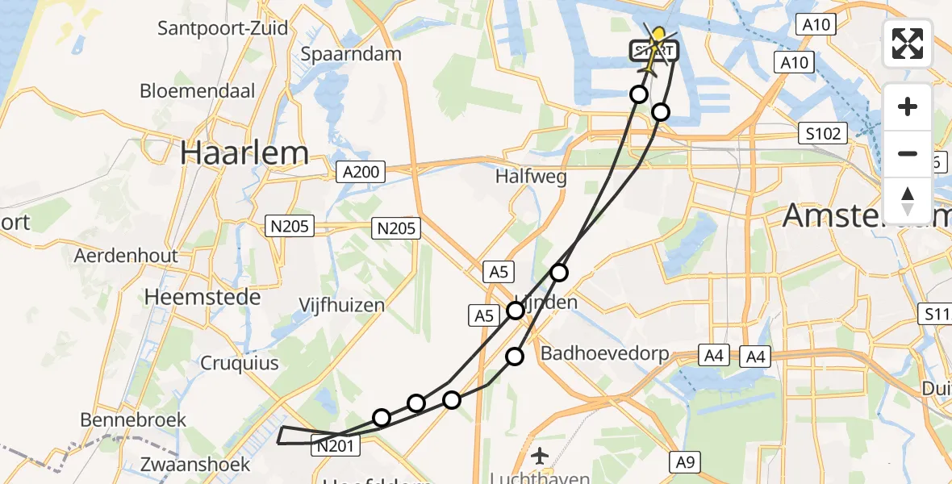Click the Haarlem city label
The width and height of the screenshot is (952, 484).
[x=244, y=152]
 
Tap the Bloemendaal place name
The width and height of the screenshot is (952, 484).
[x=198, y=90]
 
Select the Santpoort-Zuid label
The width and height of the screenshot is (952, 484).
[x=223, y=28]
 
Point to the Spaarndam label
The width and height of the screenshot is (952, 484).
[x=351, y=54]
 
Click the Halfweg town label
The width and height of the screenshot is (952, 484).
[x=531, y=176]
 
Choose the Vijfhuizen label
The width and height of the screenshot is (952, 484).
[x=341, y=306]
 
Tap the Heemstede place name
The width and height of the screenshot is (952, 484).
[x=203, y=297]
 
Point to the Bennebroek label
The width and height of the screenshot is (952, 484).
[x=133, y=419]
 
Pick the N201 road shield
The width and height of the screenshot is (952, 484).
[x=332, y=444]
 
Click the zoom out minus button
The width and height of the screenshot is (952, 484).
[x=908, y=153]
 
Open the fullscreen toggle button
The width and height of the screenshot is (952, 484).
[x=908, y=44]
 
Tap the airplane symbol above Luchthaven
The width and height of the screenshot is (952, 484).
[x=540, y=456]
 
